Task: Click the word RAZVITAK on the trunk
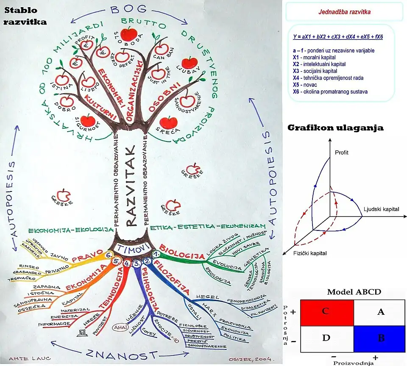click(131, 186)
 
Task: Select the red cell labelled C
click(325, 312)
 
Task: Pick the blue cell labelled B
click(380, 338)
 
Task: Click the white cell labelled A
click(380, 312)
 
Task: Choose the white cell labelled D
click(325, 338)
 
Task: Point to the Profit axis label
click(341, 152)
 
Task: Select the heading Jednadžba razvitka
click(344, 12)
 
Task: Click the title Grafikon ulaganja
click(335, 128)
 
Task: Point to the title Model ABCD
click(354, 292)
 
